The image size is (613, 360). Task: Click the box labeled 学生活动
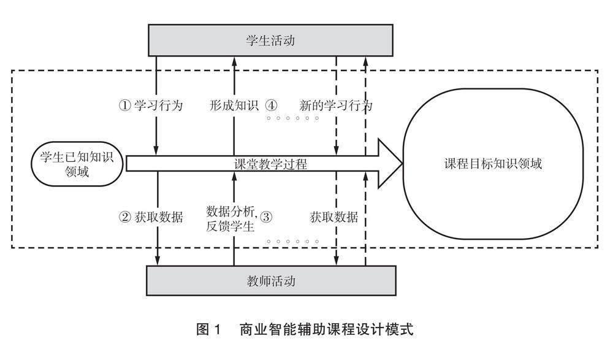click(x=270, y=42)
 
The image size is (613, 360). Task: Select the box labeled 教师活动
click(x=270, y=281)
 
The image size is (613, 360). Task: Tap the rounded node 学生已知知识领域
click(x=77, y=164)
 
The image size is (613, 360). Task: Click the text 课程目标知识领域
click(x=493, y=164)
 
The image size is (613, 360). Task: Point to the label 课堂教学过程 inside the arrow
click(x=270, y=164)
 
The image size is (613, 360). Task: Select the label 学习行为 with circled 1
click(x=158, y=105)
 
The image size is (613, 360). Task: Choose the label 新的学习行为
click(x=336, y=105)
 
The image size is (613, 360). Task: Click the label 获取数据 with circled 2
click(x=158, y=216)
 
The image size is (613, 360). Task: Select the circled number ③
click(x=266, y=216)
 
